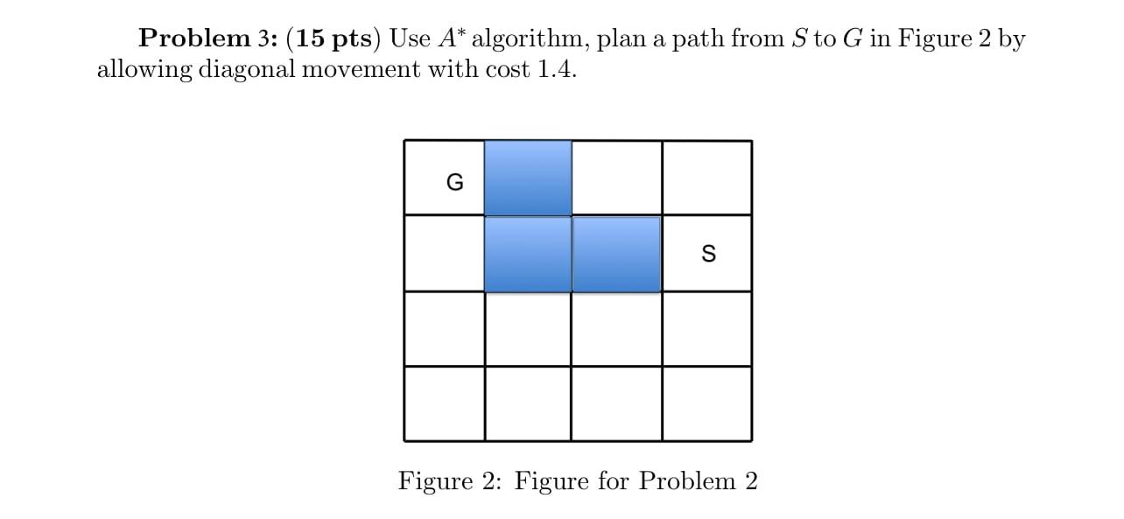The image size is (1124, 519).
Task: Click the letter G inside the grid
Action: pyautogui.click(x=454, y=182)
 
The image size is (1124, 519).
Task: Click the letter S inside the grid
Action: pyautogui.click(x=708, y=254)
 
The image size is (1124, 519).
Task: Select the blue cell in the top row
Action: pyautogui.click(x=528, y=178)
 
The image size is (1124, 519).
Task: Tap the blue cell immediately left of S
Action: pyautogui.click(x=616, y=254)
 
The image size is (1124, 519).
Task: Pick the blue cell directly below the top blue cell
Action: pyautogui.click(x=528, y=254)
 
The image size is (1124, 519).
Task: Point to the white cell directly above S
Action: pyautogui.click(x=706, y=178)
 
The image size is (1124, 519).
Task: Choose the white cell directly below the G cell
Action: pyautogui.click(x=445, y=254)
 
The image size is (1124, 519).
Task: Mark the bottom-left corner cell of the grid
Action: pyautogui.click(x=445, y=403)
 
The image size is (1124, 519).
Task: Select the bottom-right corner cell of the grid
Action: pyautogui.click(x=706, y=403)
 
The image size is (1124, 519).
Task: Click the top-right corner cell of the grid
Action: pyautogui.click(x=706, y=178)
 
